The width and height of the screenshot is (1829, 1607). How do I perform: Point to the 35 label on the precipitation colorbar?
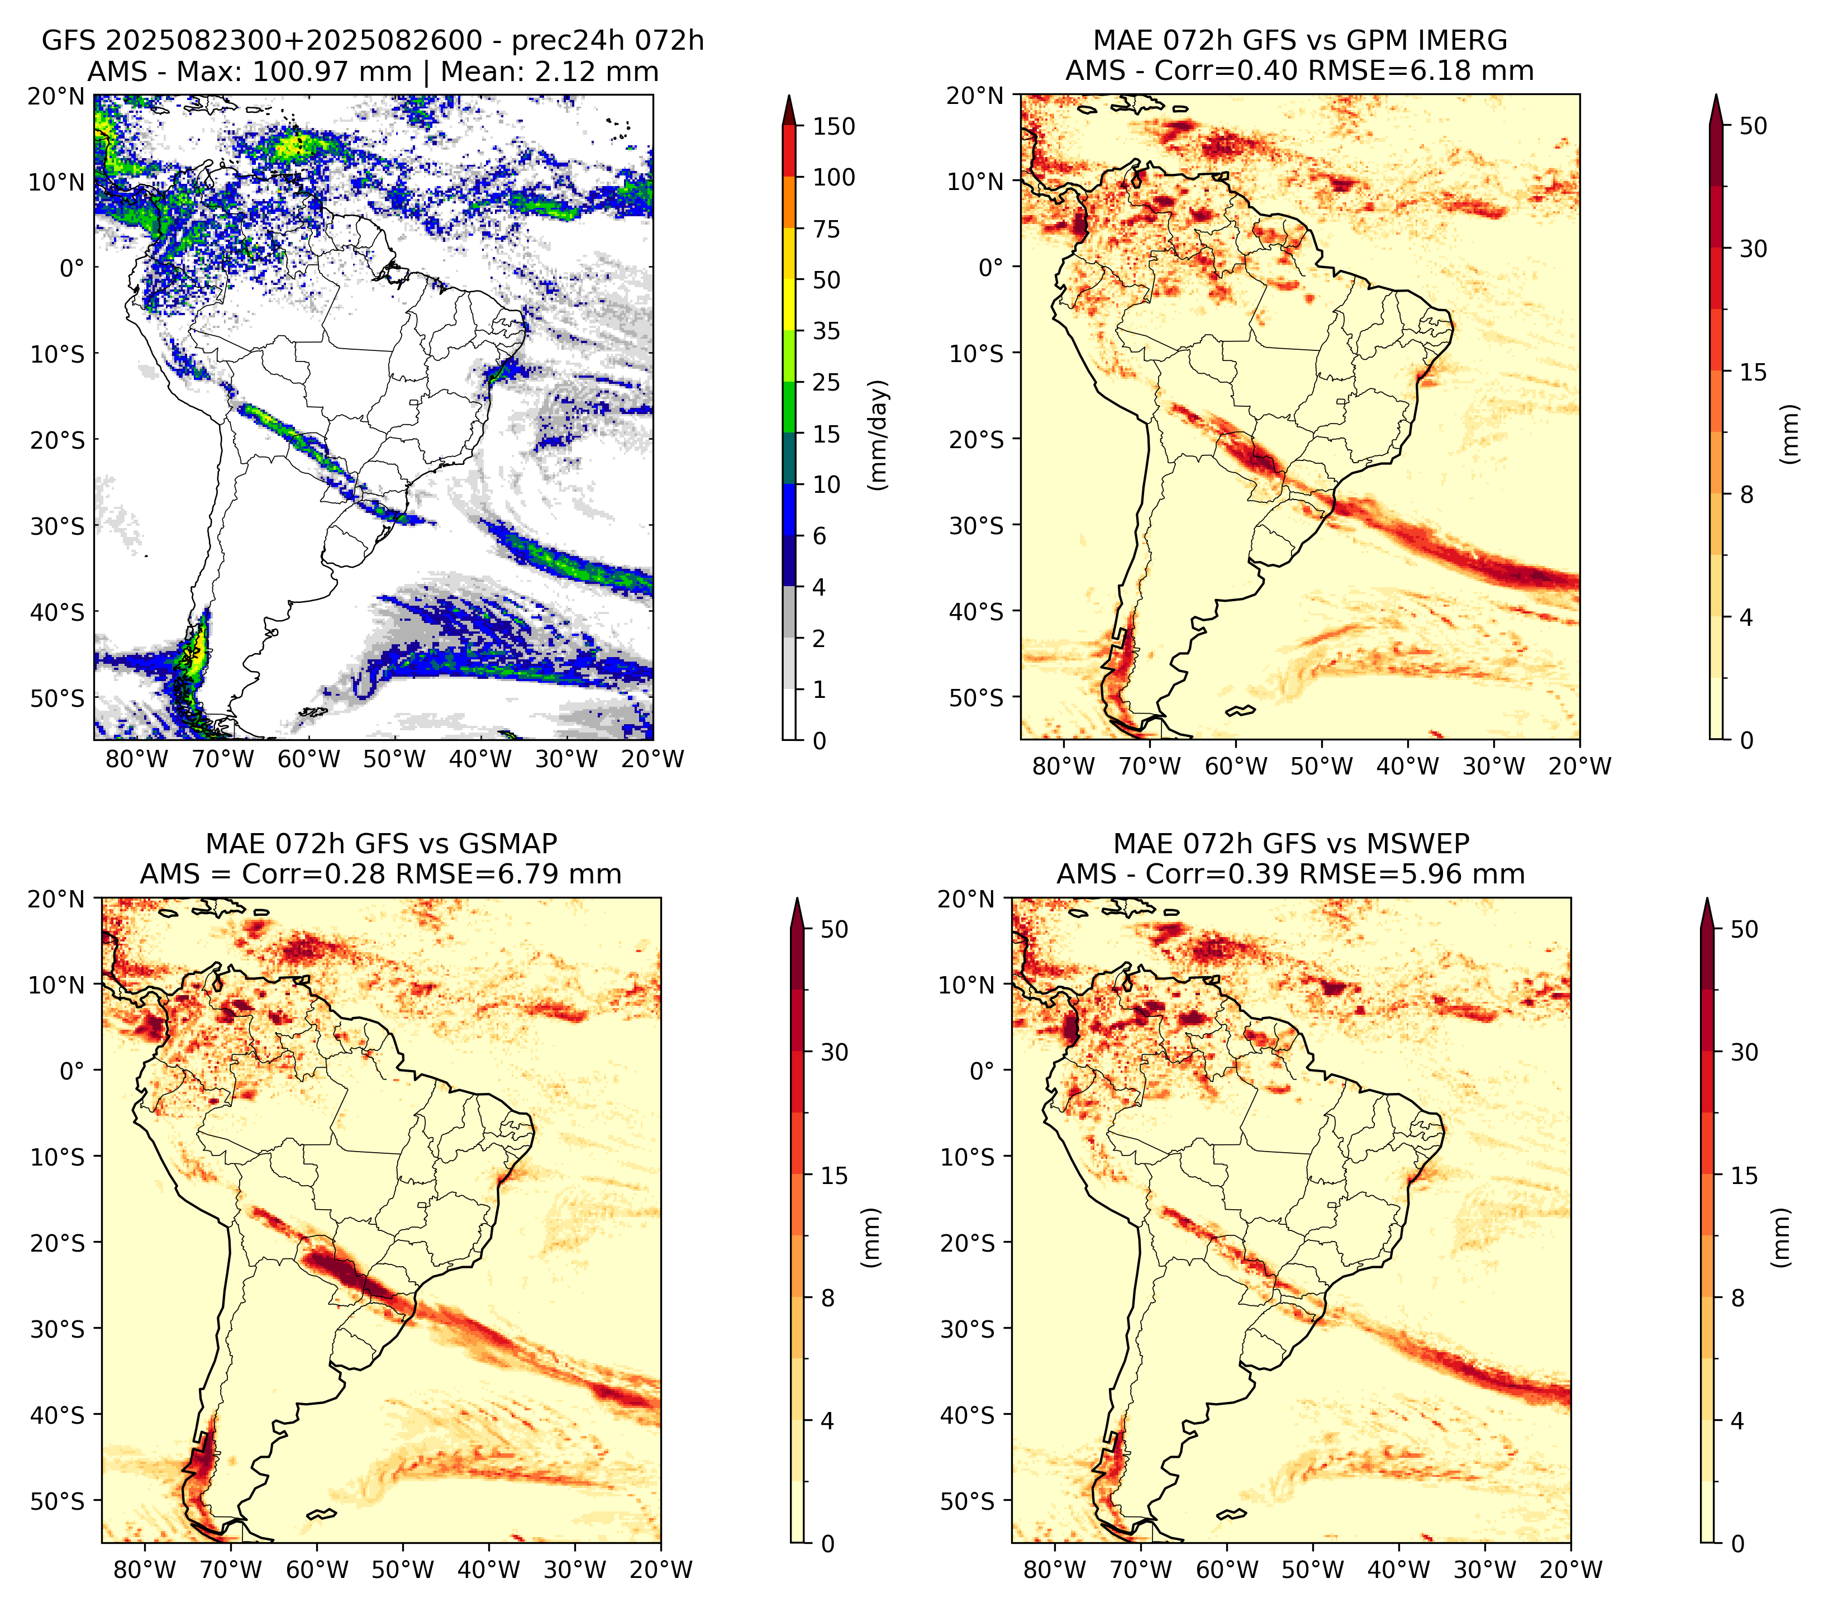click(x=827, y=331)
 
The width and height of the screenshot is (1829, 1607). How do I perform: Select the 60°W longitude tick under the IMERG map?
click(x=1236, y=766)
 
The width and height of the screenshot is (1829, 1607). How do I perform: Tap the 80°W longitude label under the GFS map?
click(x=137, y=759)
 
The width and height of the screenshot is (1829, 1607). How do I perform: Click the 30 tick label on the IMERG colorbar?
click(x=1753, y=249)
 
